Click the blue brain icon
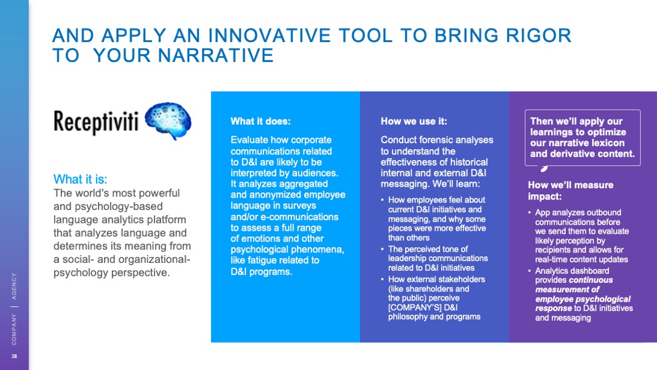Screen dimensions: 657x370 [x=168, y=120]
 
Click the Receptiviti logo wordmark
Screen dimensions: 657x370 [x=96, y=122]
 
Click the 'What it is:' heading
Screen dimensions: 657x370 [x=80, y=180]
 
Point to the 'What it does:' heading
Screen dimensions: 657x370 [x=260, y=122]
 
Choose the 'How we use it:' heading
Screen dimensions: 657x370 [x=414, y=122]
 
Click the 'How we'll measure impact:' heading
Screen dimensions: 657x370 [x=570, y=190]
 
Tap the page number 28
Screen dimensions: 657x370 [x=14, y=356]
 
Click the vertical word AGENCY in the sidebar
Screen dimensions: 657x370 [x=14, y=286]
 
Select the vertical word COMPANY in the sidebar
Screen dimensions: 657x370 [x=14, y=330]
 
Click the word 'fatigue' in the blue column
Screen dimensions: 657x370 [x=263, y=260]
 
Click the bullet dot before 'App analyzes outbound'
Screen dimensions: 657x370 [x=530, y=213]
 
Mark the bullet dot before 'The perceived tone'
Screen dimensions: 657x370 [x=382, y=250]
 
